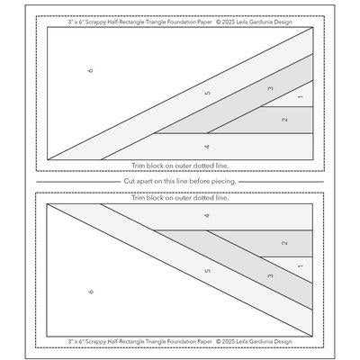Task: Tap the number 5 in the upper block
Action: [207, 94]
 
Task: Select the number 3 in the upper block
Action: [270, 88]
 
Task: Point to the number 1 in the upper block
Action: [299, 97]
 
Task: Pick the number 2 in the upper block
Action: [284, 120]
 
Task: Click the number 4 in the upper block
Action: [207, 146]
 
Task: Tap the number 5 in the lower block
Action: [207, 269]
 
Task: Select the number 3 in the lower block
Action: [270, 274]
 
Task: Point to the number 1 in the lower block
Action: [299, 265]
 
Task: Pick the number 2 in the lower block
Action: [284, 243]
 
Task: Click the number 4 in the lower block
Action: [207, 217]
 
